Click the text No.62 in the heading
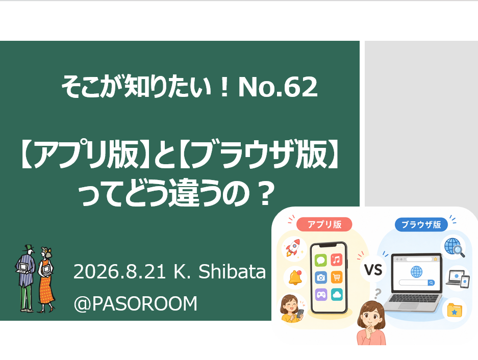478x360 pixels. click(278, 87)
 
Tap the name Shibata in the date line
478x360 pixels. click(232, 271)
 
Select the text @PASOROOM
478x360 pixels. click(136, 303)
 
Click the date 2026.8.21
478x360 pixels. click(119, 272)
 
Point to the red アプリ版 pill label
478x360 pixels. click(324, 225)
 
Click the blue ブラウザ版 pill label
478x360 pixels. click(421, 225)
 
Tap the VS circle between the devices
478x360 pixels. click(373, 270)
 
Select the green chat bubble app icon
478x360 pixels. click(321, 260)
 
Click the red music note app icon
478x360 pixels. click(337, 260)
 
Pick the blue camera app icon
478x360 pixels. click(321, 277)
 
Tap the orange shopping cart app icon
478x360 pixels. click(337, 277)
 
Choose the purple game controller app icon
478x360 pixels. click(321, 295)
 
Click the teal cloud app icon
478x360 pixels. click(337, 294)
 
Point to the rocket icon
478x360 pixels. click(293, 248)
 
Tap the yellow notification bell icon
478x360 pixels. click(295, 277)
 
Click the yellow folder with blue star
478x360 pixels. click(454, 310)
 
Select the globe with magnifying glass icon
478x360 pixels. click(454, 247)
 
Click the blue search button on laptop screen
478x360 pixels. click(431, 283)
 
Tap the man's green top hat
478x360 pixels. click(29, 247)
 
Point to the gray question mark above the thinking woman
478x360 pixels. click(378, 294)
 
